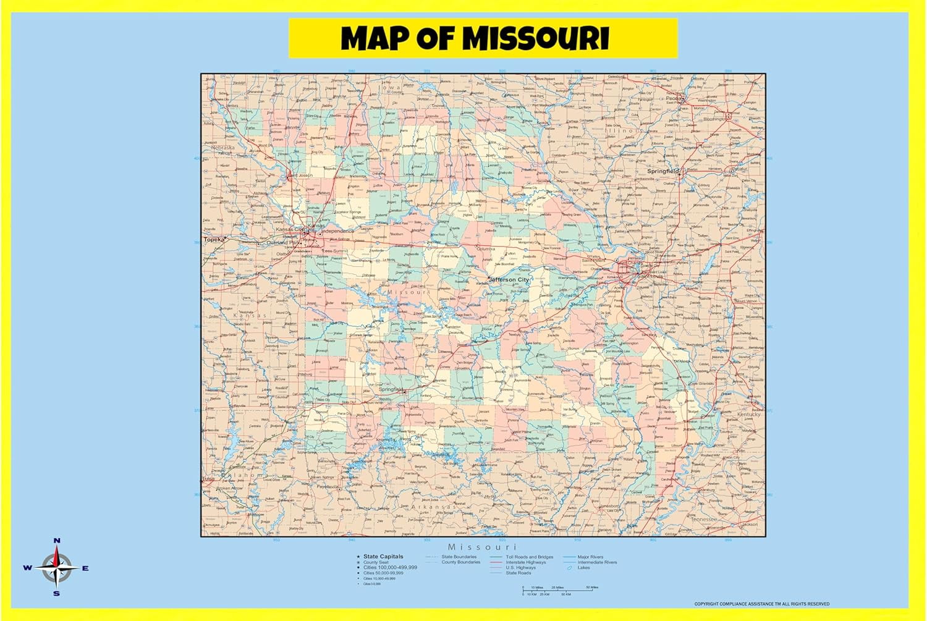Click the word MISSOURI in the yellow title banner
tap(536, 38)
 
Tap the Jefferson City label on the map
tap(509, 280)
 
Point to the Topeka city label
tap(214, 239)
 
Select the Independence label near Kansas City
tap(337, 231)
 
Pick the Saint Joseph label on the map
tap(300, 175)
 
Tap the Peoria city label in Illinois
tap(674, 98)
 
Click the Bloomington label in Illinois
tap(716, 119)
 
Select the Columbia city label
tap(486, 249)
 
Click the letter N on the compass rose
tap(57, 541)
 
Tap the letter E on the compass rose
tap(85, 568)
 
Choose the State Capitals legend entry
tap(383, 557)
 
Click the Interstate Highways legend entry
tap(526, 562)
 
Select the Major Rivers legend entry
tap(590, 557)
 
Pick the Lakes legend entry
tap(583, 568)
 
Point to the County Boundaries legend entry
tap(460, 562)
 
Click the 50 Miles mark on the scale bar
tap(591, 587)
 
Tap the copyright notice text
tap(761, 604)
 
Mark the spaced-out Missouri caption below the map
tap(482, 547)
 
